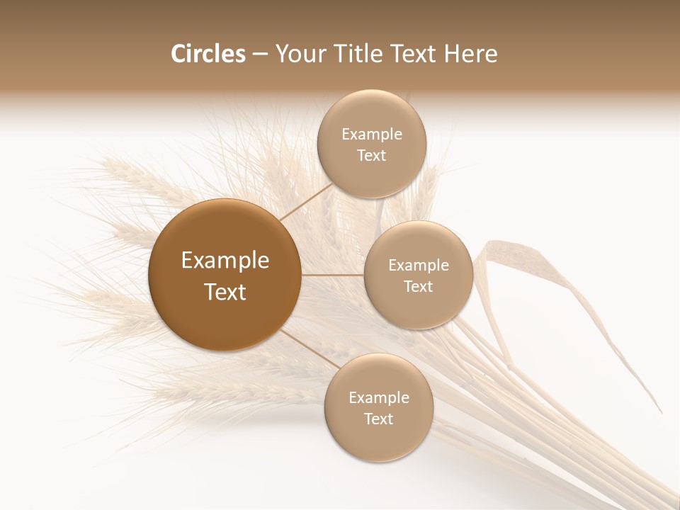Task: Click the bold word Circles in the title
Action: point(208,54)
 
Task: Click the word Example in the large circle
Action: point(225,261)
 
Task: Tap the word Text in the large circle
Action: point(225,292)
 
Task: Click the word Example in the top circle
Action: point(372,135)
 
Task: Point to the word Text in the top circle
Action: point(372,156)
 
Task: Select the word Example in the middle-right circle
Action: point(419,266)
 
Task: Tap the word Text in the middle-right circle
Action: point(419,287)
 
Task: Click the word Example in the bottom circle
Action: point(379,398)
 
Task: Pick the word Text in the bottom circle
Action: point(379,419)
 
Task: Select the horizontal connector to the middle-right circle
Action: point(333,275)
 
